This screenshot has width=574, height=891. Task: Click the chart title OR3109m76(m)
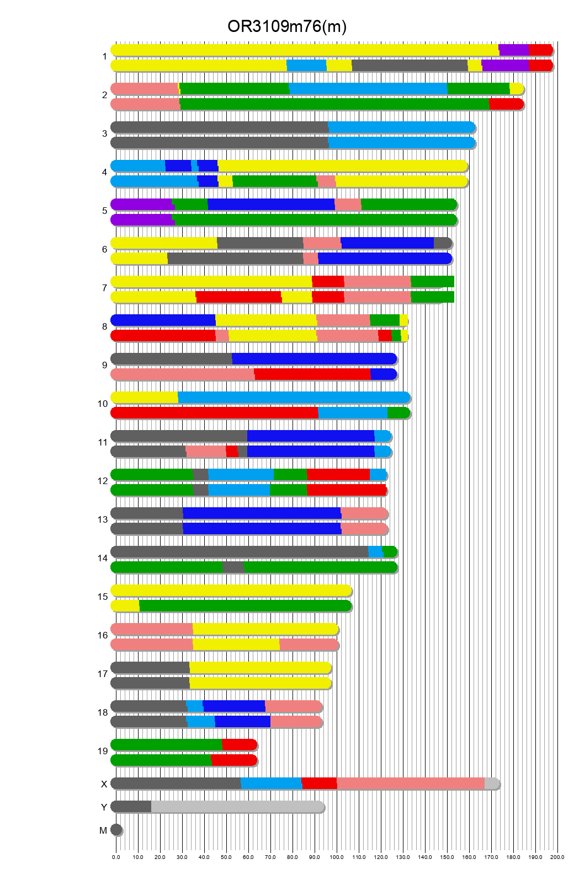[286, 26]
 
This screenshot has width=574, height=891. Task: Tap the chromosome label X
[104, 784]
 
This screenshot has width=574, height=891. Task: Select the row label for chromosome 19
[103, 751]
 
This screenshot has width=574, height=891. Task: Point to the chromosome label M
[103, 830]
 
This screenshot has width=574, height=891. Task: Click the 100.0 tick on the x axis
[337, 857]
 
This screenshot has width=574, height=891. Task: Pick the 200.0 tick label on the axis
[557, 857]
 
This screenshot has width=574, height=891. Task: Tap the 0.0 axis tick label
[116, 857]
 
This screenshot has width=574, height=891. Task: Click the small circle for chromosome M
[116, 830]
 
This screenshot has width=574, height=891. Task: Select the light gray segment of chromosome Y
[237, 807]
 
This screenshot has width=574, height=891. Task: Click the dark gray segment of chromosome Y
[131, 807]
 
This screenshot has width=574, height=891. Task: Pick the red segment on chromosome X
[319, 783]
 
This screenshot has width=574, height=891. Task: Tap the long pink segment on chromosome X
[411, 783]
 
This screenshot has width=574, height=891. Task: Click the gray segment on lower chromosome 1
[410, 66]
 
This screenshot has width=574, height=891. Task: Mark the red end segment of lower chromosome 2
[506, 104]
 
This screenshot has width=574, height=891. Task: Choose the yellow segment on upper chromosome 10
[145, 398]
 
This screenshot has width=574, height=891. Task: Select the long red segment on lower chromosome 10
[215, 413]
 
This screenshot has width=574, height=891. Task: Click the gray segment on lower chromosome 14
[233, 567]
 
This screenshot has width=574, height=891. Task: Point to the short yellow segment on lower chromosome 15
[126, 606]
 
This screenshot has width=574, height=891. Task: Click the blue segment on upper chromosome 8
[163, 320]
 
